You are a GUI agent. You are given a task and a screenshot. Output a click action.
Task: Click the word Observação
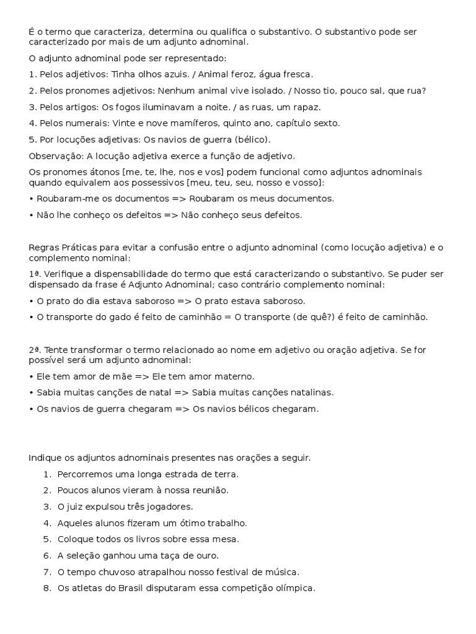(x=55, y=155)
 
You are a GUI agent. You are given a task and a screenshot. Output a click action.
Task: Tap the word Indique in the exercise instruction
(x=45, y=458)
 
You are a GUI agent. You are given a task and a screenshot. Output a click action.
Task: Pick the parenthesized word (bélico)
(x=251, y=139)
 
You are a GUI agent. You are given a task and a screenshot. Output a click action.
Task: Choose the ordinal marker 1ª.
(x=33, y=274)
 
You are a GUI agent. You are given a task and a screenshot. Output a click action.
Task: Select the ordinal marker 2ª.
(x=33, y=350)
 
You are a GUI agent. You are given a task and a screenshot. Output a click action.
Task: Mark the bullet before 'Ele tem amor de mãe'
(x=31, y=376)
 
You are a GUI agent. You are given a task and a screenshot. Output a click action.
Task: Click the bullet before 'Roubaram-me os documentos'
(x=31, y=199)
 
